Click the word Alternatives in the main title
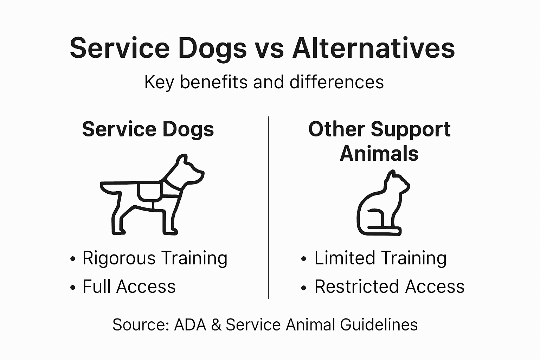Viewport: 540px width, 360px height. click(x=373, y=48)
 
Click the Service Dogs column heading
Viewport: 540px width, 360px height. click(x=148, y=129)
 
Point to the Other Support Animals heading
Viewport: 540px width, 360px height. click(x=379, y=141)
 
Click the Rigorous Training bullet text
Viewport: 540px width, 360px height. click(x=155, y=258)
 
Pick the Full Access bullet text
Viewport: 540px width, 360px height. click(x=129, y=287)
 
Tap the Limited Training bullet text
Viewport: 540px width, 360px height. click(x=380, y=258)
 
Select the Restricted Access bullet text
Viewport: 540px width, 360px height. click(x=389, y=287)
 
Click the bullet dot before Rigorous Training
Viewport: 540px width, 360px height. click(x=73, y=259)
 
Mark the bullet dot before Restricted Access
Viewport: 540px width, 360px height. click(x=304, y=287)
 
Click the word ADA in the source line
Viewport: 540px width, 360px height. click(x=190, y=324)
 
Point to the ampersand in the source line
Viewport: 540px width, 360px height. click(x=216, y=324)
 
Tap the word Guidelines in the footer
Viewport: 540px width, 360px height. click(x=379, y=324)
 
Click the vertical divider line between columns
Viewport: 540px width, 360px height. click(x=269, y=207)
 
